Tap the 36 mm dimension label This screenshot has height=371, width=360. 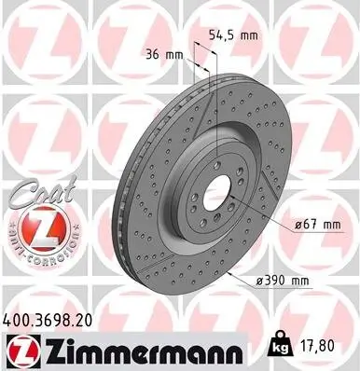(x=163, y=54)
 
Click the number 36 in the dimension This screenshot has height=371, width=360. (x=154, y=54)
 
